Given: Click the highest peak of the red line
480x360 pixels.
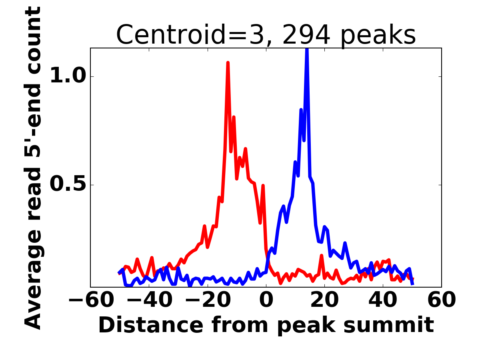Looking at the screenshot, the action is [x=228, y=63].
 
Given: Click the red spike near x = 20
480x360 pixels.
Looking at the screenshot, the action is [x=322, y=256].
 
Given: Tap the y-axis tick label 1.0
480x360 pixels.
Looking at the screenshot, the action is [x=68, y=76].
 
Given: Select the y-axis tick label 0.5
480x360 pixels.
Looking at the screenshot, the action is [x=68, y=184].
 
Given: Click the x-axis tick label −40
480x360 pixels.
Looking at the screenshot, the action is [x=150, y=300].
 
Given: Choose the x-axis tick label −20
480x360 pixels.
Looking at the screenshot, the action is [x=208, y=300].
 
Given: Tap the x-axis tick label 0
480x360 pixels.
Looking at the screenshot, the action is [x=266, y=300].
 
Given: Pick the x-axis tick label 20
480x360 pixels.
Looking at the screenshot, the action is [x=325, y=300].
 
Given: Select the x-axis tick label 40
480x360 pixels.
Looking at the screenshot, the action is [x=383, y=300].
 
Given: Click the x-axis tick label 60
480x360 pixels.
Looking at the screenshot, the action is [x=442, y=300].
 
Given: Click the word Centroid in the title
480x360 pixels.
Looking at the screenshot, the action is [x=170, y=34].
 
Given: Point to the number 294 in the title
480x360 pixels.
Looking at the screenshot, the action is [x=306, y=34].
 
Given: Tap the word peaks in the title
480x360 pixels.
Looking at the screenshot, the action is [x=378, y=36].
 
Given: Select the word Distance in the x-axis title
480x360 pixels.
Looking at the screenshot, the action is [x=151, y=325].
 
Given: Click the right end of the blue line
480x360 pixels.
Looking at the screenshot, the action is [x=413, y=284].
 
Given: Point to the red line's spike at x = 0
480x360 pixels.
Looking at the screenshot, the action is [x=263, y=186].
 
